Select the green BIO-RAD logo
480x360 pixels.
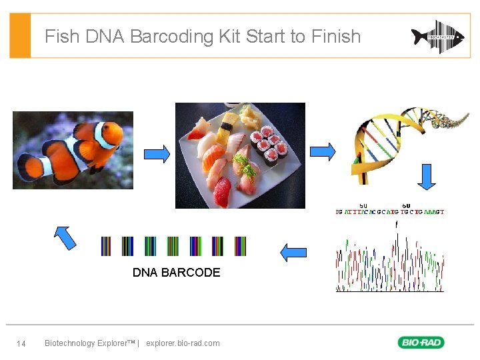coord(421,343)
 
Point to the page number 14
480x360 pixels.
coord(21,343)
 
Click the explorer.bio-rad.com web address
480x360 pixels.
coord(183,343)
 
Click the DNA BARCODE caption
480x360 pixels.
coord(176,273)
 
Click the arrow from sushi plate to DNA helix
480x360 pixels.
coord(323,151)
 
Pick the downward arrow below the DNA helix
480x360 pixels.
coord(427,177)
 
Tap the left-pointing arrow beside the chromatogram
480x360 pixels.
coord(293,253)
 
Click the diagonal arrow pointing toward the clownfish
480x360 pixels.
coord(65,237)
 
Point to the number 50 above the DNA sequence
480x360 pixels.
coord(363,205)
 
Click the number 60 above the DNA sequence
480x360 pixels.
coord(407,205)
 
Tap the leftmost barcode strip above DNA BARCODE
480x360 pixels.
coord(106,246)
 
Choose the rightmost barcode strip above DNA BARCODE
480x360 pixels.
coord(240,246)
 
